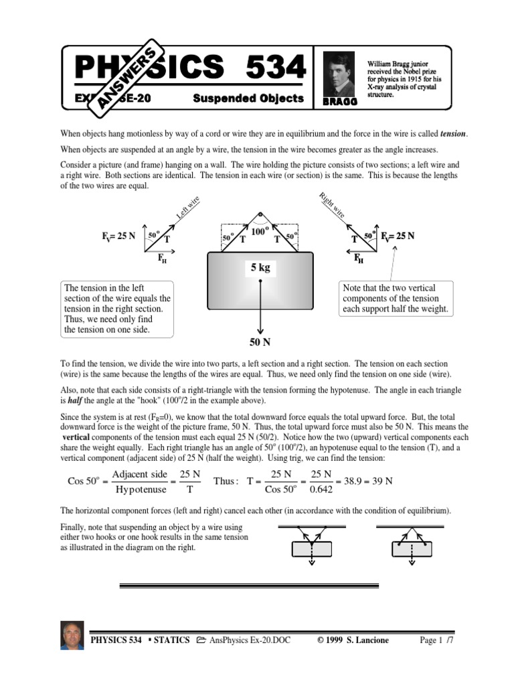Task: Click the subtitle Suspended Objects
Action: (248, 98)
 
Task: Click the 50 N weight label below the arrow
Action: (259, 342)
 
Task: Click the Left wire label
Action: (187, 208)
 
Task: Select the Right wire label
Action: (333, 206)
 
